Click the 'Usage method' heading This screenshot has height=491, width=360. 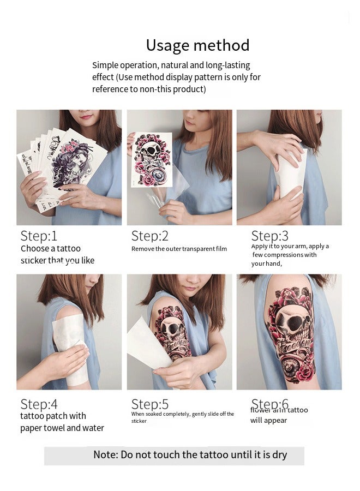pyautogui.click(x=197, y=45)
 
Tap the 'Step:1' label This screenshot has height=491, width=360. pyautogui.click(x=39, y=236)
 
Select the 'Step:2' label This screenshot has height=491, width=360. pyautogui.click(x=149, y=236)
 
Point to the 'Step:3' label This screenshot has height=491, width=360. pyautogui.click(x=269, y=236)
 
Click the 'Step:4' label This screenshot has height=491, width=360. pyautogui.click(x=39, y=404)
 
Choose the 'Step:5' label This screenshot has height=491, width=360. pyautogui.click(x=149, y=404)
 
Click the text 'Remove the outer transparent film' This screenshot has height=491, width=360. pyautogui.click(x=179, y=249)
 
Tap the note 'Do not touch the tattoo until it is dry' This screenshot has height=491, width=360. pyautogui.click(x=190, y=454)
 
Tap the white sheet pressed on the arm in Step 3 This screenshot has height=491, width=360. pyautogui.click(x=289, y=175)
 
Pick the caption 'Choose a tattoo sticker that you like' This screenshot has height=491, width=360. pyautogui.click(x=57, y=255)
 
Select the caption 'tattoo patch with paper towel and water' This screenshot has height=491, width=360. pyautogui.click(x=62, y=422)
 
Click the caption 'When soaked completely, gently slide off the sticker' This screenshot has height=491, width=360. pyautogui.click(x=182, y=417)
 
